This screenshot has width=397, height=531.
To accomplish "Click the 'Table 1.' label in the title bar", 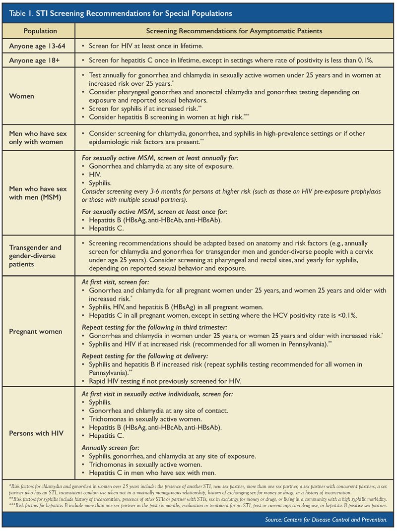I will [21, 11].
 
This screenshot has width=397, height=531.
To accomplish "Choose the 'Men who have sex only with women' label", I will [38, 138].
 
